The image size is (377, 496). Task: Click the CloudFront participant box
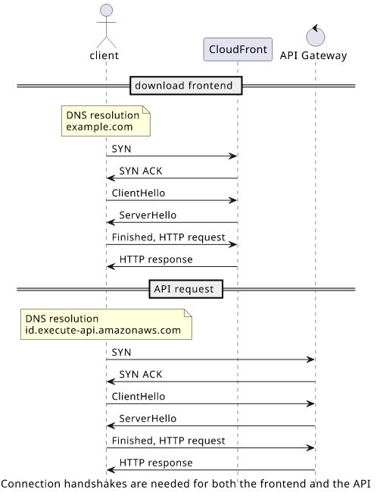tap(238, 49)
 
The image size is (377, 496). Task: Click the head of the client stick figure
tap(107, 10)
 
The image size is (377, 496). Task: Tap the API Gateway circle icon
tap(316, 36)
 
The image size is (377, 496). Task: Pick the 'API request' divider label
tap(186, 289)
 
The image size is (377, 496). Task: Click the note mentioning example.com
tap(106, 121)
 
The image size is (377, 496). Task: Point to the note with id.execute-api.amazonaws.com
tap(106, 325)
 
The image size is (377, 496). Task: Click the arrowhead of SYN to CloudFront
tap(233, 156)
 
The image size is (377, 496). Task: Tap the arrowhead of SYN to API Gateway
tap(310, 359)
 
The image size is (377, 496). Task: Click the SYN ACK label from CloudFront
tap(141, 171)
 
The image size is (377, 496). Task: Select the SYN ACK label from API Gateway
tap(141, 375)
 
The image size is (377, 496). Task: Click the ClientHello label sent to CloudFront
tap(139, 193)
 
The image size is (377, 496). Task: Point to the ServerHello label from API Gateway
tap(148, 419)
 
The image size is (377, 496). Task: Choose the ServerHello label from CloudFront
tap(148, 215)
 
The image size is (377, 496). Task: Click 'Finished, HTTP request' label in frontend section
tap(168, 237)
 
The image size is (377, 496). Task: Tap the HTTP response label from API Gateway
tap(156, 463)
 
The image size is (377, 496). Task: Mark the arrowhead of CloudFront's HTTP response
tap(111, 267)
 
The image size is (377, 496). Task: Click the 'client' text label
tap(104, 55)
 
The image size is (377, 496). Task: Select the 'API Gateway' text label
tap(313, 55)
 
